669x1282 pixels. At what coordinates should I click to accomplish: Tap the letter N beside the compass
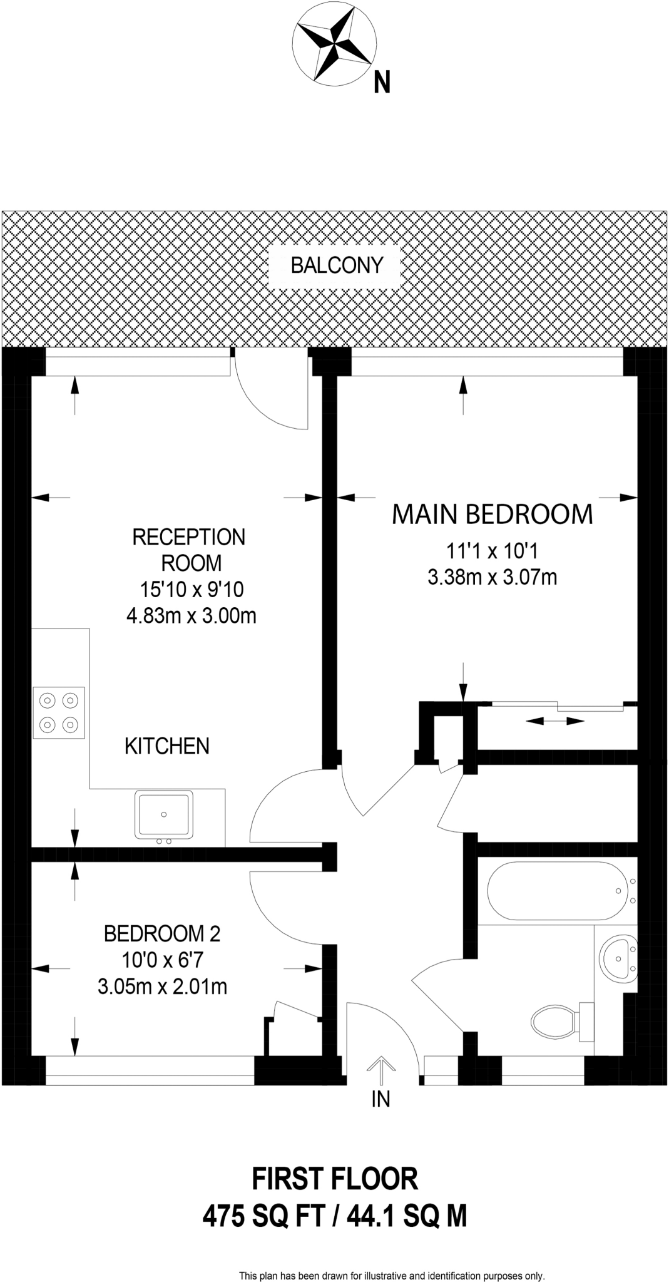(x=382, y=83)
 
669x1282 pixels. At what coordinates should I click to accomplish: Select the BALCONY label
(x=337, y=265)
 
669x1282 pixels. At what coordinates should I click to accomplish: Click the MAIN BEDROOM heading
(x=492, y=514)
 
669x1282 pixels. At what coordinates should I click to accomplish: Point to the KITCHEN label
(x=167, y=746)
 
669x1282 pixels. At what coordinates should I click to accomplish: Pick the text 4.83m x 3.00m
(x=192, y=616)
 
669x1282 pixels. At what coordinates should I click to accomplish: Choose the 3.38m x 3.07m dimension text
(x=493, y=577)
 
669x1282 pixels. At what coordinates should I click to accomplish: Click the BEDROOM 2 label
(x=162, y=934)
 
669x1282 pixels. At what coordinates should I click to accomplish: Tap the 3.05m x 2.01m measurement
(x=162, y=987)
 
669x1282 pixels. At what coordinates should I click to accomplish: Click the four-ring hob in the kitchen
(x=59, y=712)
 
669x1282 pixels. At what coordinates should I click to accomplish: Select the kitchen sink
(x=163, y=815)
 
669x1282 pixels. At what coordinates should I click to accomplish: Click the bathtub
(x=556, y=891)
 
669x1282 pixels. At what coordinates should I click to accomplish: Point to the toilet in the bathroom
(x=562, y=1022)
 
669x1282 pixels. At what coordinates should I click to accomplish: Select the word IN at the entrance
(x=380, y=1099)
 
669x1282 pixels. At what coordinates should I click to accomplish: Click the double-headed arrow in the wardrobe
(x=554, y=721)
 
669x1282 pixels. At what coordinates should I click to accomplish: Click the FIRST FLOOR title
(x=335, y=1179)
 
